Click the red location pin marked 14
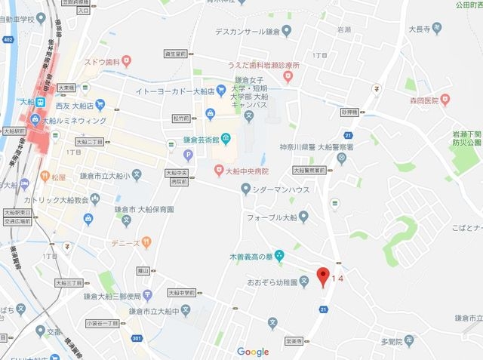(323, 275)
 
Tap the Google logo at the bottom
(253, 352)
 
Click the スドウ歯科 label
(103, 62)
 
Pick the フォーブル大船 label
(272, 217)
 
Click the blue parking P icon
(189, 155)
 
